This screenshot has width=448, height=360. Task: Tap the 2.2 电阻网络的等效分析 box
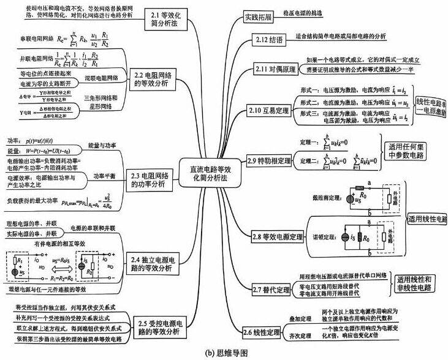click(x=154, y=81)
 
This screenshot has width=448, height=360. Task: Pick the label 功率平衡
click(x=105, y=175)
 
